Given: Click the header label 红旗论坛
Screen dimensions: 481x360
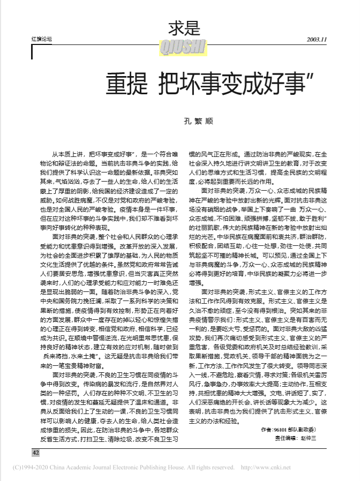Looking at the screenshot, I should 43,39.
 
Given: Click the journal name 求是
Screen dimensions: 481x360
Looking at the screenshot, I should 184,28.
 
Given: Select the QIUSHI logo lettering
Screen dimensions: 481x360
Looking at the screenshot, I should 183,49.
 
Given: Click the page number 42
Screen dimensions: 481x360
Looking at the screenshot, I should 36,453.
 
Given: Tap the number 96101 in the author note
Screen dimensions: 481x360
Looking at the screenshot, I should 281,430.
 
